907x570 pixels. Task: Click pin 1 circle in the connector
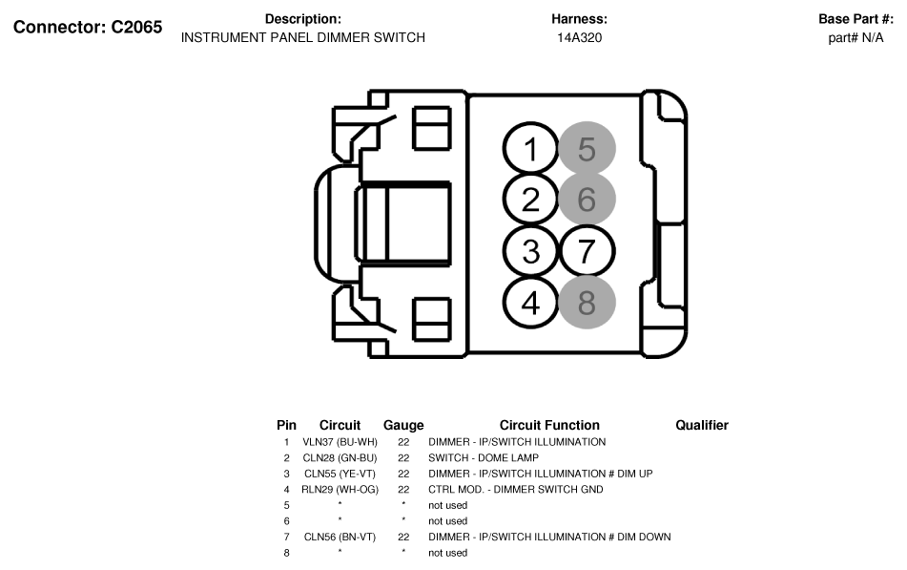(530, 148)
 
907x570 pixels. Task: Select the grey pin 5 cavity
(587, 148)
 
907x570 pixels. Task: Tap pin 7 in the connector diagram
(587, 251)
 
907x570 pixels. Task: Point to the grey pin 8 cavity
(587, 302)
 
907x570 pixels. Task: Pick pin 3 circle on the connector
(530, 251)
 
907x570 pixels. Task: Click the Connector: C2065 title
(88, 28)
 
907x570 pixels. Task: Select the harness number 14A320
(579, 38)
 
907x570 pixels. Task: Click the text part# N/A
(855, 38)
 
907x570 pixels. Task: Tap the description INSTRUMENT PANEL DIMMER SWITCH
(303, 37)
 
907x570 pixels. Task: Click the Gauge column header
(403, 426)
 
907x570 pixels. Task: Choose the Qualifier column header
(702, 426)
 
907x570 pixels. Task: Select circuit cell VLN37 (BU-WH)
(340, 442)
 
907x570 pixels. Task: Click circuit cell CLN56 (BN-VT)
(340, 537)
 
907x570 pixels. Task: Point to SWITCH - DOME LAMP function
(483, 457)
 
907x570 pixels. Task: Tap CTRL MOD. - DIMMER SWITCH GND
(515, 490)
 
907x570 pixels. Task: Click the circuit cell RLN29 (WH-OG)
(340, 490)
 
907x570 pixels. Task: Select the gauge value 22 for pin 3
(403, 474)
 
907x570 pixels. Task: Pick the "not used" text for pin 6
(447, 521)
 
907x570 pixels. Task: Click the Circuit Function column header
(549, 426)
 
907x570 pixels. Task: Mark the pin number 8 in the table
(286, 553)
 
